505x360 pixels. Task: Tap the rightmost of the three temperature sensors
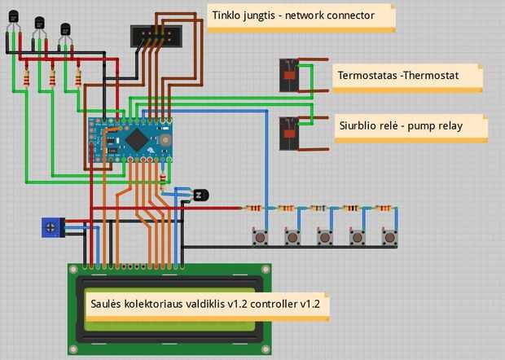[66, 33]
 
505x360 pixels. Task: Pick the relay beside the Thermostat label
[288, 74]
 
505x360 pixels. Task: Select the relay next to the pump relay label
[288, 133]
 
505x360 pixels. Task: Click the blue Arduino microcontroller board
[132, 138]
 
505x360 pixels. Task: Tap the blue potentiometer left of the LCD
[51, 227]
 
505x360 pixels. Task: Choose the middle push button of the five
[324, 237]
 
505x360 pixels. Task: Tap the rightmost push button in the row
[389, 237]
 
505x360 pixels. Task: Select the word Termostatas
[367, 76]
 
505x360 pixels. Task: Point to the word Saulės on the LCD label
[105, 303]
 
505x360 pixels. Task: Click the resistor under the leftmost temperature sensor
[28, 78]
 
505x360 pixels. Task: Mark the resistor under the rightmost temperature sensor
[78, 78]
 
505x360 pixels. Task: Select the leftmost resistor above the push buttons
[256, 209]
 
